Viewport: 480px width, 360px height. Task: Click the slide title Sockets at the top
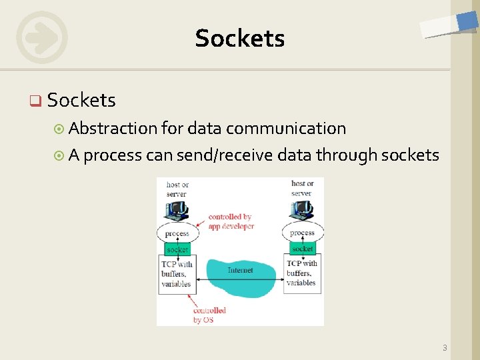click(240, 39)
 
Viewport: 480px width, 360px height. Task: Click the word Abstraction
click(114, 128)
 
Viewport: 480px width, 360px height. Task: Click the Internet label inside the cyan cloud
click(240, 270)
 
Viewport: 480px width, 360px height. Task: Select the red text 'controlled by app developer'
click(231, 221)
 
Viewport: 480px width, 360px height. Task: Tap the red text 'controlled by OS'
click(209, 315)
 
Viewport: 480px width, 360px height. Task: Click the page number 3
click(445, 347)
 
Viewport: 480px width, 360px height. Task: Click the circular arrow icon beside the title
click(41, 37)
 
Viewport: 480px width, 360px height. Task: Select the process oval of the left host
click(177, 233)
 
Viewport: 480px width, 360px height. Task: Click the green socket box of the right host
click(302, 249)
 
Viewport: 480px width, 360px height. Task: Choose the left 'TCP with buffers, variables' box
click(177, 273)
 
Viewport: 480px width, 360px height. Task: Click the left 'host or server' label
click(177, 189)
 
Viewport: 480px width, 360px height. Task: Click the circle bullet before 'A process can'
click(59, 156)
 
